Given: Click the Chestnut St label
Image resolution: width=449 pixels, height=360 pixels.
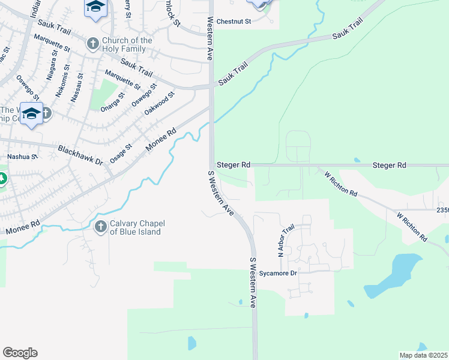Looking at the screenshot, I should pyautogui.click(x=233, y=22).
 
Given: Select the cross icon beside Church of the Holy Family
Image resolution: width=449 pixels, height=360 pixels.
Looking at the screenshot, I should pyautogui.click(x=92, y=43).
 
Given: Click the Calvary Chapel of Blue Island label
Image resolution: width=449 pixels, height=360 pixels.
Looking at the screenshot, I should pyautogui.click(x=138, y=228).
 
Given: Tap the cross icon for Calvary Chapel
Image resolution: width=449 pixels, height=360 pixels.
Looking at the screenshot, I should pyautogui.click(x=101, y=226).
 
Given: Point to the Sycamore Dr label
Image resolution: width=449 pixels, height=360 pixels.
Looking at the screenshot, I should pyautogui.click(x=279, y=273).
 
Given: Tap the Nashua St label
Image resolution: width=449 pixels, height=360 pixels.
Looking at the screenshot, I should pyautogui.click(x=22, y=157).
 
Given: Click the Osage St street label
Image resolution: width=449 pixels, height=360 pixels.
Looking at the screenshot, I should pyautogui.click(x=121, y=152).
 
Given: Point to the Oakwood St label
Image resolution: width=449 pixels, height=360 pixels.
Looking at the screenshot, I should pyautogui.click(x=159, y=103).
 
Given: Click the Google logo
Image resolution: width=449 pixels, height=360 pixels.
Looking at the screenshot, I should pyautogui.click(x=20, y=353).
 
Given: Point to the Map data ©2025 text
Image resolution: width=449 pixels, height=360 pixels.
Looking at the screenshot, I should pyautogui.click(x=423, y=355).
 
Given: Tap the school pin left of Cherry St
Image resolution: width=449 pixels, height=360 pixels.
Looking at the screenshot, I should pyautogui.click(x=95, y=8).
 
